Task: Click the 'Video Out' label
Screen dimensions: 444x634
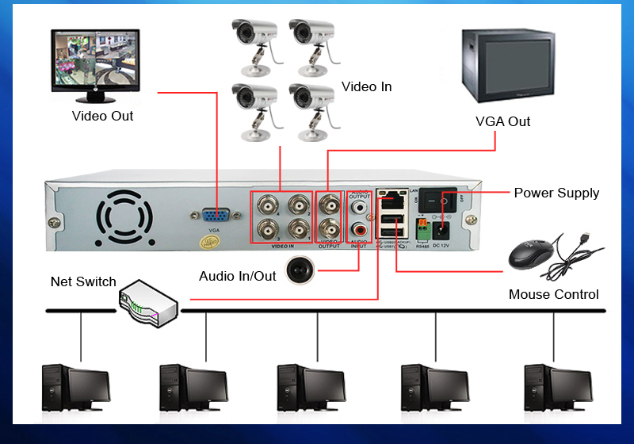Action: click(x=102, y=116)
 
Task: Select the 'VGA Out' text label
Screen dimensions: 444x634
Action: click(x=502, y=121)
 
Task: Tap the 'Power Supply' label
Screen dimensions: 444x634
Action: click(x=556, y=193)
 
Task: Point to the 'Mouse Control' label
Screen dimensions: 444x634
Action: click(x=553, y=294)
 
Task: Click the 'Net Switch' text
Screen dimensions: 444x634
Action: click(x=83, y=281)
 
